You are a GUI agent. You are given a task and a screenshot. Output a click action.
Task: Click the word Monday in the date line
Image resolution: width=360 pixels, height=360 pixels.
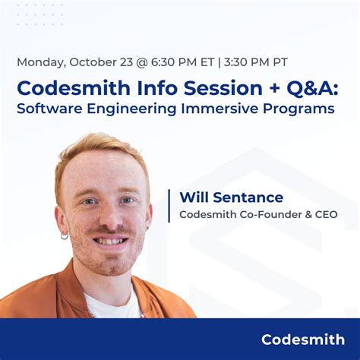(42, 62)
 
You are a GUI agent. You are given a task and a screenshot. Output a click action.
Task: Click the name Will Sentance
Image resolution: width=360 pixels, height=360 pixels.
(231, 197)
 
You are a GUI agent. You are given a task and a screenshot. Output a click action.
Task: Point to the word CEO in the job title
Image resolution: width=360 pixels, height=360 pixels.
(323, 215)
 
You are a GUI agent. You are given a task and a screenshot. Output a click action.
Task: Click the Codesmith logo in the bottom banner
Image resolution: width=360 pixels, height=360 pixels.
(302, 339)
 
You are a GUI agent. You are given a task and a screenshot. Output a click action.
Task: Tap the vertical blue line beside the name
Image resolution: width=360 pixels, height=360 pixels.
(169, 206)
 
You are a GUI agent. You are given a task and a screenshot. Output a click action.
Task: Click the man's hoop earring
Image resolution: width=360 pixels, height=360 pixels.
(65, 236)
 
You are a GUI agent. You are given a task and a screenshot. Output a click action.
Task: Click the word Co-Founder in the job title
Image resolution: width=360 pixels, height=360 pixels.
(269, 215)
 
